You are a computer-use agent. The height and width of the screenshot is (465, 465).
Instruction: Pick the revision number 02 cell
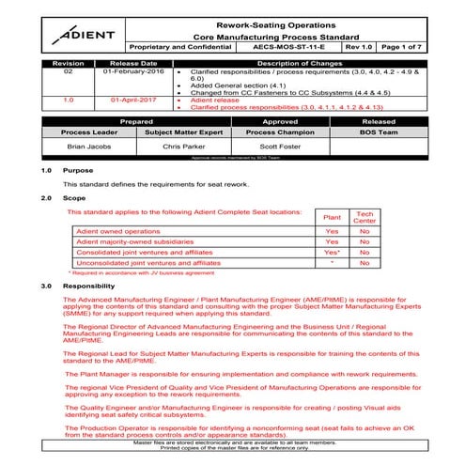point(68,71)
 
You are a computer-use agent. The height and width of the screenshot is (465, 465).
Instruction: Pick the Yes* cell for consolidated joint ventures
point(332,253)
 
